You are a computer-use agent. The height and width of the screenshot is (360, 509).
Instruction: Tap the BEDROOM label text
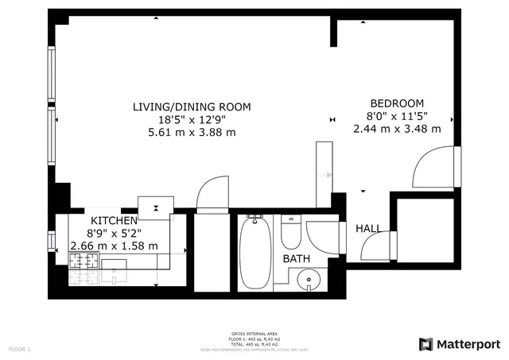click(x=397, y=103)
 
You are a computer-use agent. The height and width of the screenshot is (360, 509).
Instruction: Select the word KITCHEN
click(x=114, y=220)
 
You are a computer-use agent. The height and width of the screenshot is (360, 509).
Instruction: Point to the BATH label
click(x=297, y=258)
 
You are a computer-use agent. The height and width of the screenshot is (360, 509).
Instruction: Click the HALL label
click(x=368, y=229)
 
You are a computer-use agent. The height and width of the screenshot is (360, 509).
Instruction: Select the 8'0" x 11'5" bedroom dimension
click(x=397, y=116)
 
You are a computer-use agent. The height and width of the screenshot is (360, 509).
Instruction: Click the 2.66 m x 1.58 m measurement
click(x=114, y=246)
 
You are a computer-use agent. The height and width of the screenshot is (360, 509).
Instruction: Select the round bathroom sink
click(x=305, y=280)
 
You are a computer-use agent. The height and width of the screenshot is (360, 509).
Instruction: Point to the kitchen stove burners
click(x=84, y=273)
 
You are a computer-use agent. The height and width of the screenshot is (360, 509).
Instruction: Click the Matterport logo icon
click(x=425, y=344)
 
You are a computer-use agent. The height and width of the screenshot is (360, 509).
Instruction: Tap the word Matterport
click(x=468, y=344)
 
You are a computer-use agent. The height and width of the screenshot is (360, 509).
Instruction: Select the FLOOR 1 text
click(x=19, y=349)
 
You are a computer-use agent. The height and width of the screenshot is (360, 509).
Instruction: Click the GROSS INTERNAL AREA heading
click(x=254, y=335)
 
